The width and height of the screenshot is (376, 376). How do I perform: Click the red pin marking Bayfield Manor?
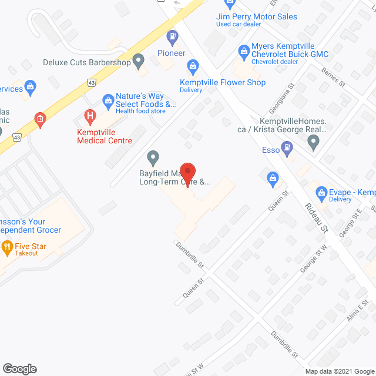coord(187,171)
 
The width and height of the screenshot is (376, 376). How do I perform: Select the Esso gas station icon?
coord(287,147)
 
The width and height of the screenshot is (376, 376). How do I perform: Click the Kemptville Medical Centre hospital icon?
coord(90,116)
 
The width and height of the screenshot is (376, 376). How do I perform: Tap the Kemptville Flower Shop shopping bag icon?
coord(192,65)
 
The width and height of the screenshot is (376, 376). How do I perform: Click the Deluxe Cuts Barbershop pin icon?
coord(138,60)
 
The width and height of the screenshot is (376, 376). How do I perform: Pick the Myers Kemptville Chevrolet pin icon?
coord(243,51)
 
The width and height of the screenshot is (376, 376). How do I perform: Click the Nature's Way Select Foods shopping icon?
coord(108,100)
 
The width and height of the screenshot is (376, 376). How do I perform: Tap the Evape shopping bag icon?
coord(321,192)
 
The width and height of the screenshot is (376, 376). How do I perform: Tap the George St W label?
coord(313,258)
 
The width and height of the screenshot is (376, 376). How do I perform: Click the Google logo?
coord(19,368)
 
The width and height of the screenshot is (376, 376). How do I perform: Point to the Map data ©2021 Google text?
coord(339,371)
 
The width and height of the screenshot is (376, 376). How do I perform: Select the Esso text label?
coord(270,150)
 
